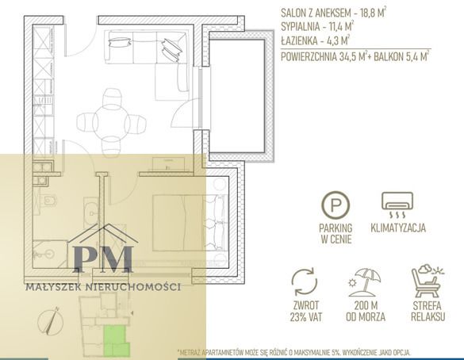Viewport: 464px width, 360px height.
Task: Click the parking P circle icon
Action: [x=336, y=205]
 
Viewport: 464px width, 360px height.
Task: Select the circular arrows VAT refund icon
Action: [x=305, y=281]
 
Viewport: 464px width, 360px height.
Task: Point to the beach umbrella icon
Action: [x=365, y=282]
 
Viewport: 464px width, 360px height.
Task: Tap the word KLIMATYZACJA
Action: [x=398, y=228]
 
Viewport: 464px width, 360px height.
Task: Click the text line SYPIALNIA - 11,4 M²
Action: [x=317, y=27]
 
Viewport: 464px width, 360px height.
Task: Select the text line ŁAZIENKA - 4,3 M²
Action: [x=316, y=40]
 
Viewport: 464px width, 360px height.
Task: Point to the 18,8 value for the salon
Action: [x=368, y=13]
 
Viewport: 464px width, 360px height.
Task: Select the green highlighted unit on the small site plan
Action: [x=117, y=340]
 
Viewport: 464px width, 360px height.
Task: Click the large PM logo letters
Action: [x=103, y=259]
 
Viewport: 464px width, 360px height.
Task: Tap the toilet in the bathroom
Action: [x=48, y=201]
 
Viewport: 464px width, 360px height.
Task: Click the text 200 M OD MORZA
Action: [x=366, y=311]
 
